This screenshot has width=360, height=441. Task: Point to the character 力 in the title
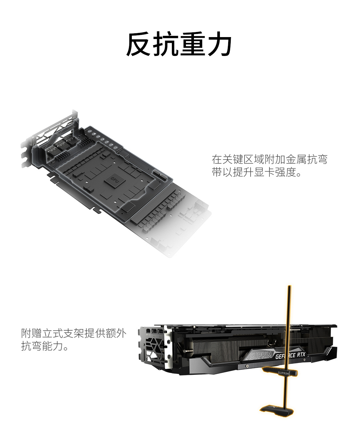click(x=220, y=44)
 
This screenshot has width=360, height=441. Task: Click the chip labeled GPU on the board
click(x=115, y=179)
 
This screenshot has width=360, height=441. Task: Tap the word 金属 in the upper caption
click(x=296, y=159)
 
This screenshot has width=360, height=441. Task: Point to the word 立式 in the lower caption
click(x=52, y=333)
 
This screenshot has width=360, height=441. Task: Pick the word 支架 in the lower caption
click(x=74, y=333)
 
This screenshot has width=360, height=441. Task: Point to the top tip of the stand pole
click(x=290, y=286)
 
